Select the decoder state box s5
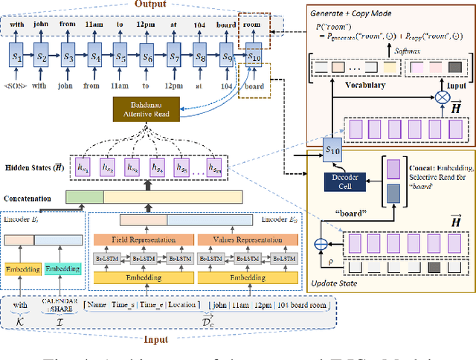point(120,56)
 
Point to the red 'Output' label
point(151,5)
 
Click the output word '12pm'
point(147,24)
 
